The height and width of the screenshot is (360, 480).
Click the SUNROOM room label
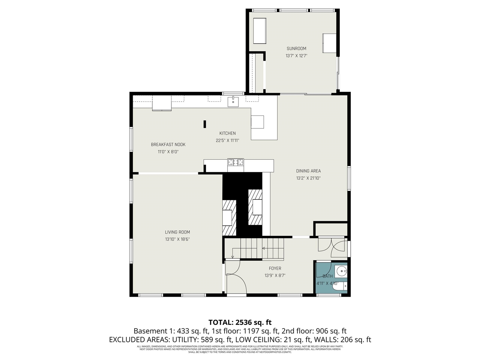click(x=296, y=48)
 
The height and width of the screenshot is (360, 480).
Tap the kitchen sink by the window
click(x=233, y=100)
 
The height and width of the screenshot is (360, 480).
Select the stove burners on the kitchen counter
click(x=235, y=162)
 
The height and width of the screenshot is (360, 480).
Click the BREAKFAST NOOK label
click(x=168, y=144)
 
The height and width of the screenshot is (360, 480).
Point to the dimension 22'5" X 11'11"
click(x=227, y=141)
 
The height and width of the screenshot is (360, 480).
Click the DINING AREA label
click(x=308, y=171)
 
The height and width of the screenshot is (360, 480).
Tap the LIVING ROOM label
click(x=177, y=232)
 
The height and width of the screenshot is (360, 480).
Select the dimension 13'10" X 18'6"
click(x=177, y=239)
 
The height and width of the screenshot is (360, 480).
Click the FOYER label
click(x=275, y=268)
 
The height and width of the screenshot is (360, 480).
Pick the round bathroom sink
click(x=342, y=270)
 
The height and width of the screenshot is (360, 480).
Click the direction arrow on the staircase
click(x=263, y=248)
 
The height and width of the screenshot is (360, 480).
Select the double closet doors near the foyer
click(x=331, y=245)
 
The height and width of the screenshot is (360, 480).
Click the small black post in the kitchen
click(x=205, y=124)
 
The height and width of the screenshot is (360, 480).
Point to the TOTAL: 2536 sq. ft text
click(x=240, y=322)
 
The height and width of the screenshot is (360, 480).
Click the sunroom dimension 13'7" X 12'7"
click(x=296, y=56)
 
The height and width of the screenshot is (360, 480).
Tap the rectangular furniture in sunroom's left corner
click(x=259, y=31)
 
